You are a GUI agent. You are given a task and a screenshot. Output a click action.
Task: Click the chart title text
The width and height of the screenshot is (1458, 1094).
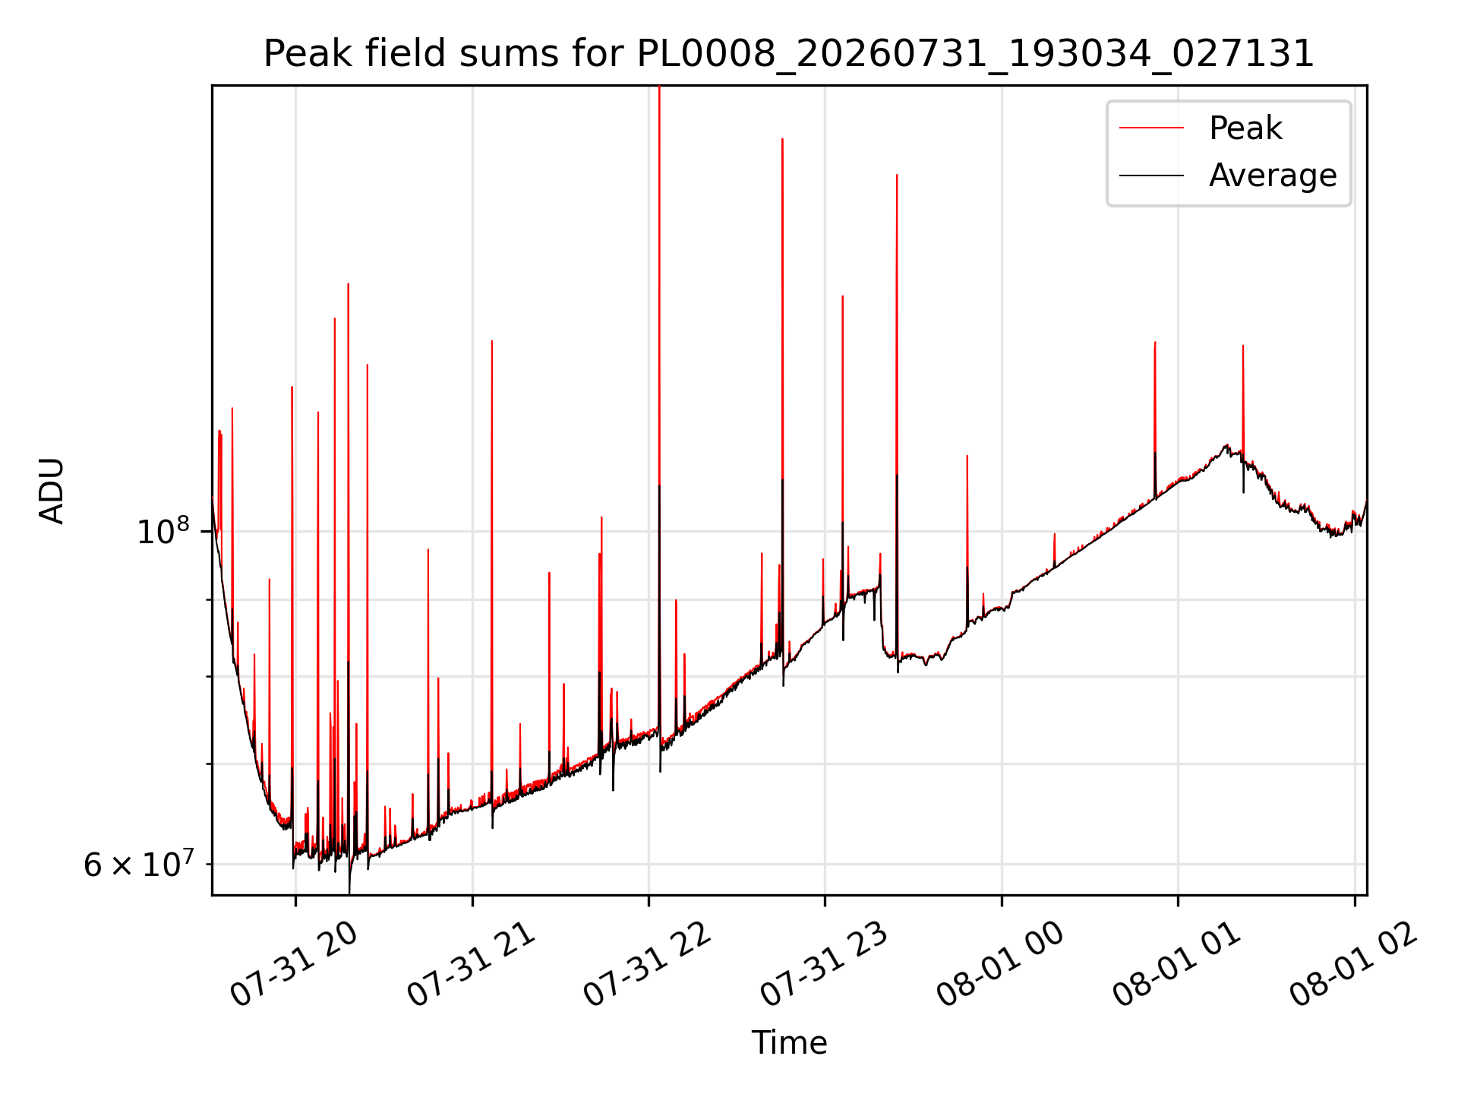789,55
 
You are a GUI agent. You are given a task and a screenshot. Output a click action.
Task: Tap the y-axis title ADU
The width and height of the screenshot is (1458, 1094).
52,491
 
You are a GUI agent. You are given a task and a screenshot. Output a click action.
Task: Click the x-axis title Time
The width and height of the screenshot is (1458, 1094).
789,1043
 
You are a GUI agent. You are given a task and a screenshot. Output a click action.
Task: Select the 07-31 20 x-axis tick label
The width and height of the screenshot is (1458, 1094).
295,965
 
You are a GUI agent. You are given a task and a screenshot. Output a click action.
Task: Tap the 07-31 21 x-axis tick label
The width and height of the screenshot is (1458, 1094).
472,965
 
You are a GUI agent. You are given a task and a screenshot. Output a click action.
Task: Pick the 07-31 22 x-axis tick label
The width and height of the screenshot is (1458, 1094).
648,965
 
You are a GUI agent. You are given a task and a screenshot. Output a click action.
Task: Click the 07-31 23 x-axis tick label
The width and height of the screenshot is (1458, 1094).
825,965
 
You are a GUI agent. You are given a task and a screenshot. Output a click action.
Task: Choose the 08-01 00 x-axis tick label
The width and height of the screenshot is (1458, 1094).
1001,965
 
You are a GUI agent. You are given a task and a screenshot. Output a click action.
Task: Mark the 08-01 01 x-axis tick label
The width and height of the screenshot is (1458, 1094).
1178,965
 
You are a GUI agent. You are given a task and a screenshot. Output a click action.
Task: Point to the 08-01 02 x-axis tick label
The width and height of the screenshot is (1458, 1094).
1354,965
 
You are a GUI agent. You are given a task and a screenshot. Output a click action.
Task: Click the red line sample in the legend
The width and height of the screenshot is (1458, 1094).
1151,128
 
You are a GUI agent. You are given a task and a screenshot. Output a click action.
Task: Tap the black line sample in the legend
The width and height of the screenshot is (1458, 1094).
1151,175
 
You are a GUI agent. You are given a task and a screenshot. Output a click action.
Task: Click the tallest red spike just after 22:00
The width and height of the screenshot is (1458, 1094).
659,87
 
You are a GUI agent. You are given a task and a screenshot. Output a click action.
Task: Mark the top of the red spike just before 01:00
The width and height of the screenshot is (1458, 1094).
1155,343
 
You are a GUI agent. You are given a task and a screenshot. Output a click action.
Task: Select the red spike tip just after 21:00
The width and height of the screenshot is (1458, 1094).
492,341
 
